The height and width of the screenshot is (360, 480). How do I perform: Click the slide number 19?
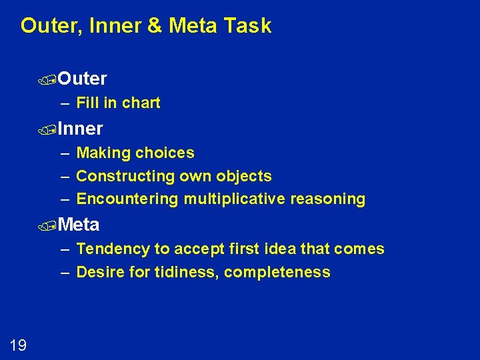tap(18, 345)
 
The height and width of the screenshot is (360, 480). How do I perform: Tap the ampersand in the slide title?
tap(155, 26)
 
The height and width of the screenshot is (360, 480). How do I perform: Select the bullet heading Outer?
tap(82, 79)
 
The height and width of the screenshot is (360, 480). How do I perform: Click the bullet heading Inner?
tap(80, 128)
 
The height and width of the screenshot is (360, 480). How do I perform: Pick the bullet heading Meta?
tap(79, 225)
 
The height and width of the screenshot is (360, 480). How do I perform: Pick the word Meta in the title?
tap(193, 26)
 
